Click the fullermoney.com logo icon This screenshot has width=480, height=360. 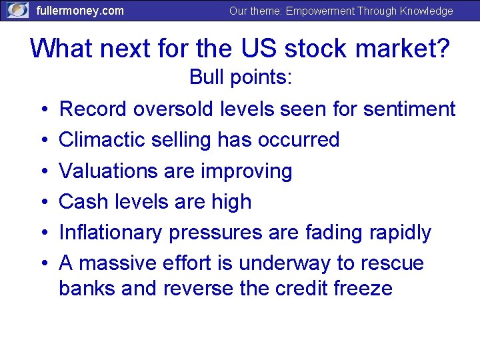(18, 10)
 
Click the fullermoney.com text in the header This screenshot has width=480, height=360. (79, 11)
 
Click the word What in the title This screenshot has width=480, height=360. (61, 49)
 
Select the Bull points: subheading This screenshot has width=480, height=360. (240, 77)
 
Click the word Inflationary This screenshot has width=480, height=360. (111, 233)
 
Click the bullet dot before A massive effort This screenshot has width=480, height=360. (42, 264)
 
